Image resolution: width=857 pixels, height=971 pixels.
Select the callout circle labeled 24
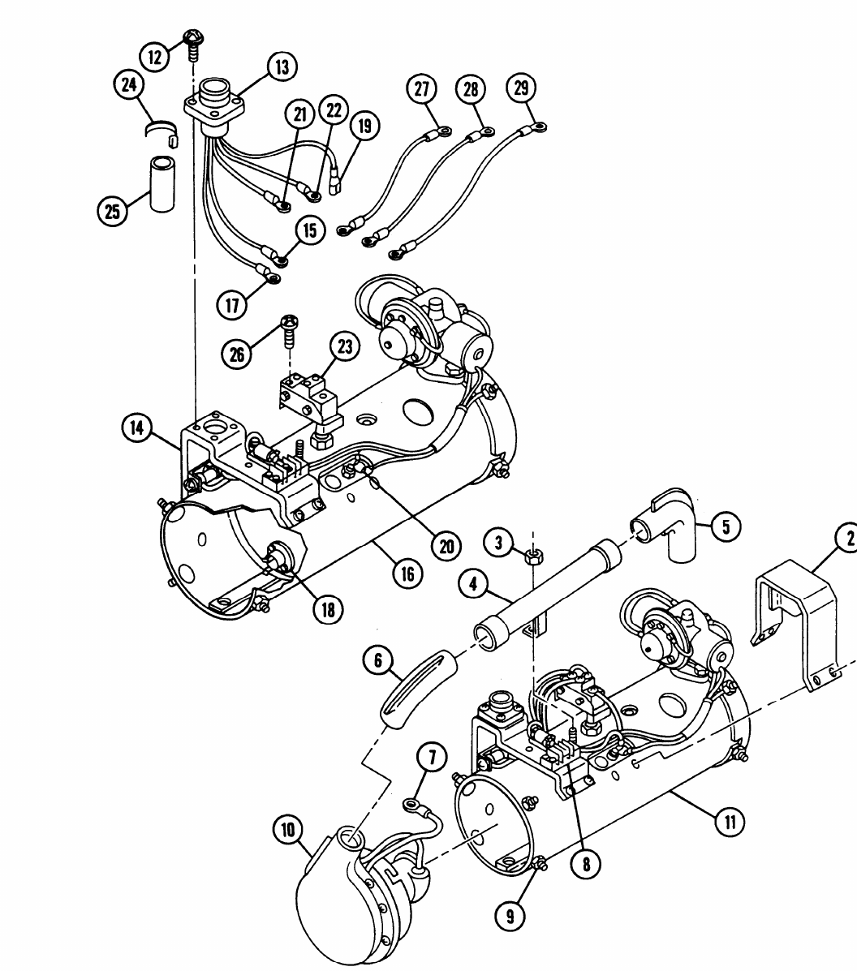[129, 84]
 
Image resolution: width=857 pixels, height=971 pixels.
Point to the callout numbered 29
[522, 88]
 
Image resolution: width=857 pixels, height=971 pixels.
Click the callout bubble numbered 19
[365, 126]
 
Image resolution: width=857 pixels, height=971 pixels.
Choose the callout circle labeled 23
[344, 347]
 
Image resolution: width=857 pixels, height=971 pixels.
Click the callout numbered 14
[136, 427]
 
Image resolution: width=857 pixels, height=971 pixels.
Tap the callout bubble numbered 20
[446, 546]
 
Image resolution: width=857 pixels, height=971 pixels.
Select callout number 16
[407, 574]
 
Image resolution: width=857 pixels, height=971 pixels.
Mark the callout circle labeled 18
[328, 609]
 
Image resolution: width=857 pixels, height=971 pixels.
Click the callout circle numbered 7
[432, 758]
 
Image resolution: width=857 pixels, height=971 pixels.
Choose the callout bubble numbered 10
[288, 829]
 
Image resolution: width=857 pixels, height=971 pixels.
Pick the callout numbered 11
[730, 823]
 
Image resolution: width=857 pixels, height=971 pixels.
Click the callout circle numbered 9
[510, 916]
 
